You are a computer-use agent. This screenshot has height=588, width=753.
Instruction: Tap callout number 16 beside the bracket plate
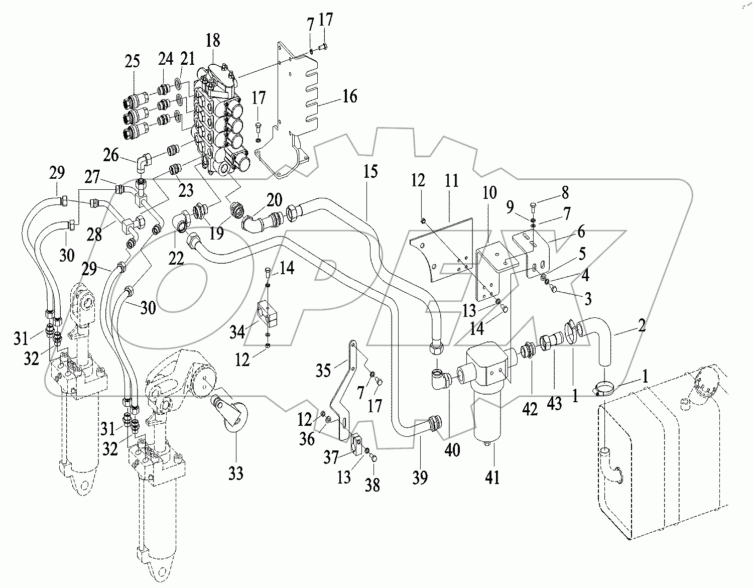349,96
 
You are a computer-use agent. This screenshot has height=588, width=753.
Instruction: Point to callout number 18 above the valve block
213,40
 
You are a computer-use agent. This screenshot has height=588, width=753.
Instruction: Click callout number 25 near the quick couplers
133,62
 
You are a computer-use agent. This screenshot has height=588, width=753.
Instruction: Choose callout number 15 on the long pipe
370,172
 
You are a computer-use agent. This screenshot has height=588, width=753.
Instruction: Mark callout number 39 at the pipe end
420,477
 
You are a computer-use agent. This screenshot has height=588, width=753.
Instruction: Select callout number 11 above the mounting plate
452,180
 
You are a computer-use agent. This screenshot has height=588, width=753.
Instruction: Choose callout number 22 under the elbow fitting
176,258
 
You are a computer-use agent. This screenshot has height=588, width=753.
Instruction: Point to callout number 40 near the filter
452,450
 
